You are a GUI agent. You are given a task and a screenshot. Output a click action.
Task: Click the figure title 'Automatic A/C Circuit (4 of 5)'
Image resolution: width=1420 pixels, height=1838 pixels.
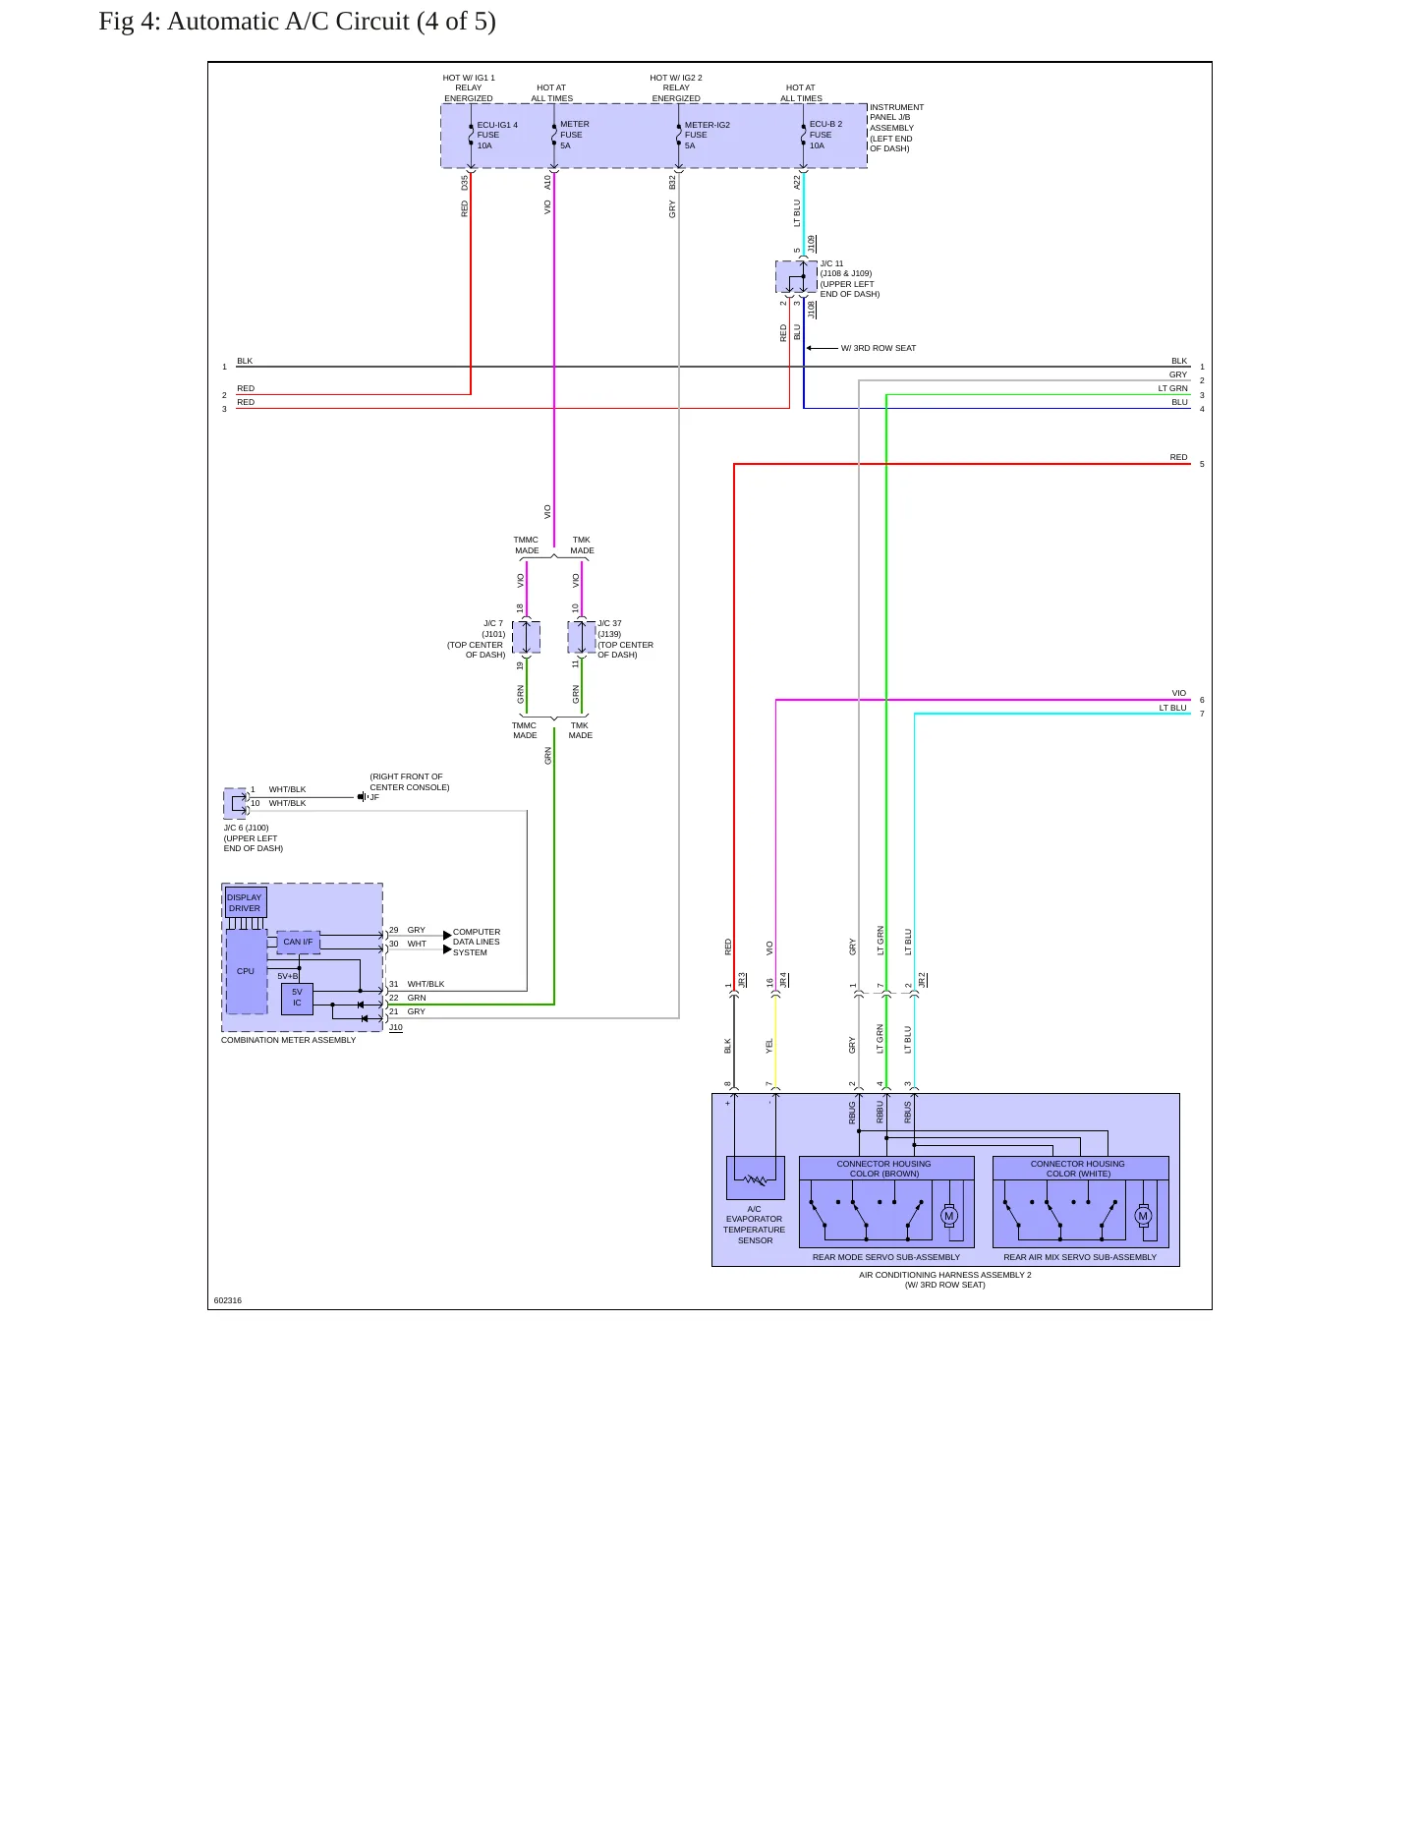click(331, 22)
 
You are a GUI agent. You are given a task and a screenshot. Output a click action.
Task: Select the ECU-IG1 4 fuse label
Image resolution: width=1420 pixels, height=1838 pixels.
click(497, 135)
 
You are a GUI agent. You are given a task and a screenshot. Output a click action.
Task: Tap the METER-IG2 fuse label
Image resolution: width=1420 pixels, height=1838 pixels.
click(708, 135)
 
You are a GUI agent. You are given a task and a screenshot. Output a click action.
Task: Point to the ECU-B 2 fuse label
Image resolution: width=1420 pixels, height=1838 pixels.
click(825, 135)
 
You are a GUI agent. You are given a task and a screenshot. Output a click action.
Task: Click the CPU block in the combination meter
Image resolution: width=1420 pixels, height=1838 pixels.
click(246, 971)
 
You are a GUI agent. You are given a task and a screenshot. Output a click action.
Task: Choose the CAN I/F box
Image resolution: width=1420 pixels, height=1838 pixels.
click(298, 942)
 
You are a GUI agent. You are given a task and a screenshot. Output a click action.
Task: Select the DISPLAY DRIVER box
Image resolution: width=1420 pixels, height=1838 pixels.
click(246, 902)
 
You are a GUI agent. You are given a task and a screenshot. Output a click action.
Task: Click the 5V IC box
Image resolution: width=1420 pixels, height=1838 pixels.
click(297, 998)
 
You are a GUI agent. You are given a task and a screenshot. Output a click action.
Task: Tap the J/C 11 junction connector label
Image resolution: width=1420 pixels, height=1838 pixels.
click(850, 279)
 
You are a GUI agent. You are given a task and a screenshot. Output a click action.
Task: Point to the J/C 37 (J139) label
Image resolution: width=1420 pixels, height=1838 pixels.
click(625, 639)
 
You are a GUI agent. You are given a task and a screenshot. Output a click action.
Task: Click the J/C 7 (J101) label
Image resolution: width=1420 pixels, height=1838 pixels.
click(477, 639)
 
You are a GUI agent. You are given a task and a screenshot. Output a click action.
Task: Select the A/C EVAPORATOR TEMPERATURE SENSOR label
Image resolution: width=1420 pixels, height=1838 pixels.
click(755, 1225)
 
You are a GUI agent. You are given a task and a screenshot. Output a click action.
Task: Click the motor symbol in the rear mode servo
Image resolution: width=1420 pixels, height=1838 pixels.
click(948, 1216)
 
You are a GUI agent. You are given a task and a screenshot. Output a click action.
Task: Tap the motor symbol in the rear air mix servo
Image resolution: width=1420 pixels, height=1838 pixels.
click(1143, 1216)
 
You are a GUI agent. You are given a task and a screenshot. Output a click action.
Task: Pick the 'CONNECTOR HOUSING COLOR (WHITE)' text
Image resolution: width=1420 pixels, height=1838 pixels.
click(1078, 1169)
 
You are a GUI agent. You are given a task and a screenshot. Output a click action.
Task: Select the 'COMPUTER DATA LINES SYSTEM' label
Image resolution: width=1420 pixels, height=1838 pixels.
click(477, 942)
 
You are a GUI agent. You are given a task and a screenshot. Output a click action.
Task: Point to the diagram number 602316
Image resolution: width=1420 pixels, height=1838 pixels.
click(228, 1300)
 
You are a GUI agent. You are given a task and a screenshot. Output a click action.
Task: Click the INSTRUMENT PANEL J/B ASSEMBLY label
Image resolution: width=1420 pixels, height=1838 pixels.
click(896, 128)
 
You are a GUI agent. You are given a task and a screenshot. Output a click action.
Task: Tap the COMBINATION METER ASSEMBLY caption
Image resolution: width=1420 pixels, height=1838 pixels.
click(289, 1040)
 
